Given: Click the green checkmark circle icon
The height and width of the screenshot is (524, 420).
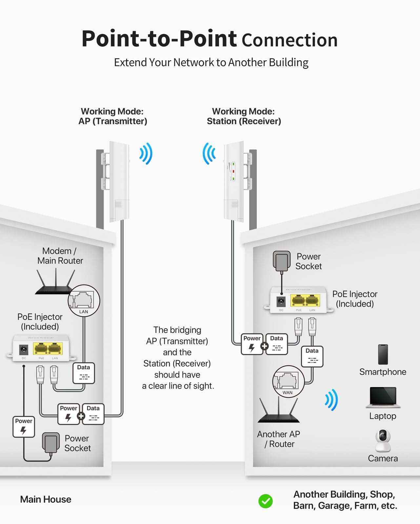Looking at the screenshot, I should [265, 501].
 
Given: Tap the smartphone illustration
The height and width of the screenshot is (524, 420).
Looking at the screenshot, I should [383, 354].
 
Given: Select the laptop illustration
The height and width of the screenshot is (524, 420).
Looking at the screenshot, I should [383, 397].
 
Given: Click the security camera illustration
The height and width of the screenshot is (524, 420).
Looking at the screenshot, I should [383, 441].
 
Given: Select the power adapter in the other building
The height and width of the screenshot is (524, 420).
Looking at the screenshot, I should [282, 261].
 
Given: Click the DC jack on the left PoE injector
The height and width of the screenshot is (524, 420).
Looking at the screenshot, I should [24, 350].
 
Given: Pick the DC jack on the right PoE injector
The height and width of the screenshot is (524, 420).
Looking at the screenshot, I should [281, 301].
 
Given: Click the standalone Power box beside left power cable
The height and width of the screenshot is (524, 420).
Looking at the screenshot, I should [24, 426].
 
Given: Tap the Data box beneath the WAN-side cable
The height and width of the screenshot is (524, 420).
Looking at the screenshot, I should [312, 356].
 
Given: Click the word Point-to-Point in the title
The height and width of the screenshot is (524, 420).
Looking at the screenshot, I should [159, 39].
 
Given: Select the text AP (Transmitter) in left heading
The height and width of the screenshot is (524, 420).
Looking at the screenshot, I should [112, 121].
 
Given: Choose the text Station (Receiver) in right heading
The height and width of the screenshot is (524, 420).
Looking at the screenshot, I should [244, 121].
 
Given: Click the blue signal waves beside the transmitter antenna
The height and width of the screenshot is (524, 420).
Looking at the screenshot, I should [146, 153].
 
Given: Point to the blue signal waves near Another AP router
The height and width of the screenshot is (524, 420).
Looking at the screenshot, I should [331, 400].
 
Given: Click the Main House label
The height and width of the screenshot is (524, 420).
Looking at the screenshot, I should [46, 499].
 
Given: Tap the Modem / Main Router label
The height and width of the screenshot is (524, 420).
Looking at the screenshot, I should [60, 256].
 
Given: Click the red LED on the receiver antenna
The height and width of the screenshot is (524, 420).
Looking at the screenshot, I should [233, 171].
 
